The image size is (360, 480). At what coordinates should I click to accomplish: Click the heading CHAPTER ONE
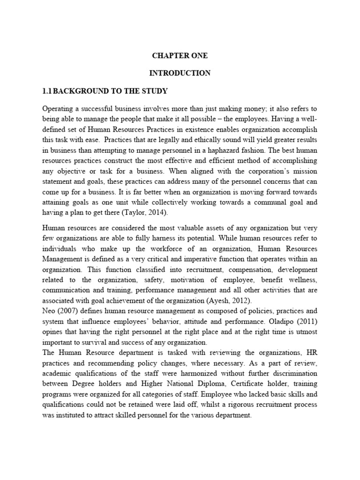[x=180, y=55]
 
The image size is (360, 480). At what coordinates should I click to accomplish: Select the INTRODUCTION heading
[x=180, y=73]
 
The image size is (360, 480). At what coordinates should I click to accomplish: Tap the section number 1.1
[x=49, y=90]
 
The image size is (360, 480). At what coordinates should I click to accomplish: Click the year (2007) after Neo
[x=67, y=312]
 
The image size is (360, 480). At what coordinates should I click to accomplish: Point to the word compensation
[x=237, y=270]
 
